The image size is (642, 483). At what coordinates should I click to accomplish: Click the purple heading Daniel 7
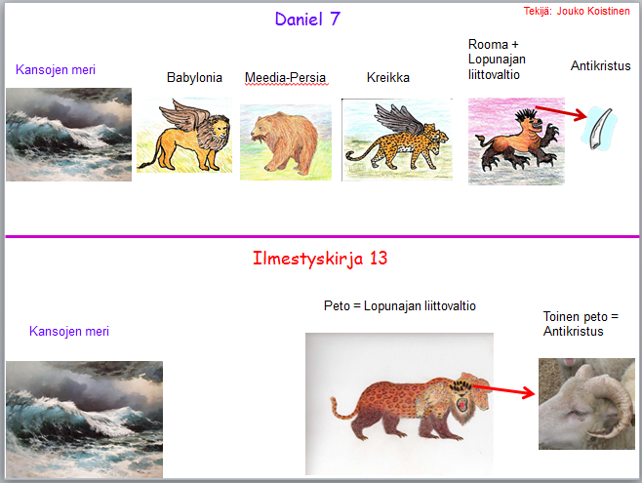click(x=307, y=19)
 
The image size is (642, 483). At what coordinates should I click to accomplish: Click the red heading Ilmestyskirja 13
click(x=320, y=259)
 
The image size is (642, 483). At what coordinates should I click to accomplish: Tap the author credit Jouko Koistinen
click(x=593, y=11)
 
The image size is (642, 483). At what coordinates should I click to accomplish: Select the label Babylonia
click(x=194, y=77)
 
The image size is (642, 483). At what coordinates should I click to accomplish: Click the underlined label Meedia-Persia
click(x=285, y=77)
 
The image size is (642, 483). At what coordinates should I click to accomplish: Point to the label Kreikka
click(x=388, y=77)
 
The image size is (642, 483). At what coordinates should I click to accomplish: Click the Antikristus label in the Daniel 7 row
click(x=601, y=65)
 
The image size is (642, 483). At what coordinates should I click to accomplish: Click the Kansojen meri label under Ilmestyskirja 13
click(x=69, y=331)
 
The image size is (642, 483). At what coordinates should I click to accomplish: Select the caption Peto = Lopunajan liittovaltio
click(x=400, y=305)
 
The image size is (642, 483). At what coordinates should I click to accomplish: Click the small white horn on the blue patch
click(x=600, y=128)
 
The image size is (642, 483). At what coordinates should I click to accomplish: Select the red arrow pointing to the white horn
click(x=560, y=113)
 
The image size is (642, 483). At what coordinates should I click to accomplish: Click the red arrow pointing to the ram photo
click(x=504, y=390)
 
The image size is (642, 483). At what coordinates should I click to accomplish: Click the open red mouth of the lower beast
click(x=462, y=404)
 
